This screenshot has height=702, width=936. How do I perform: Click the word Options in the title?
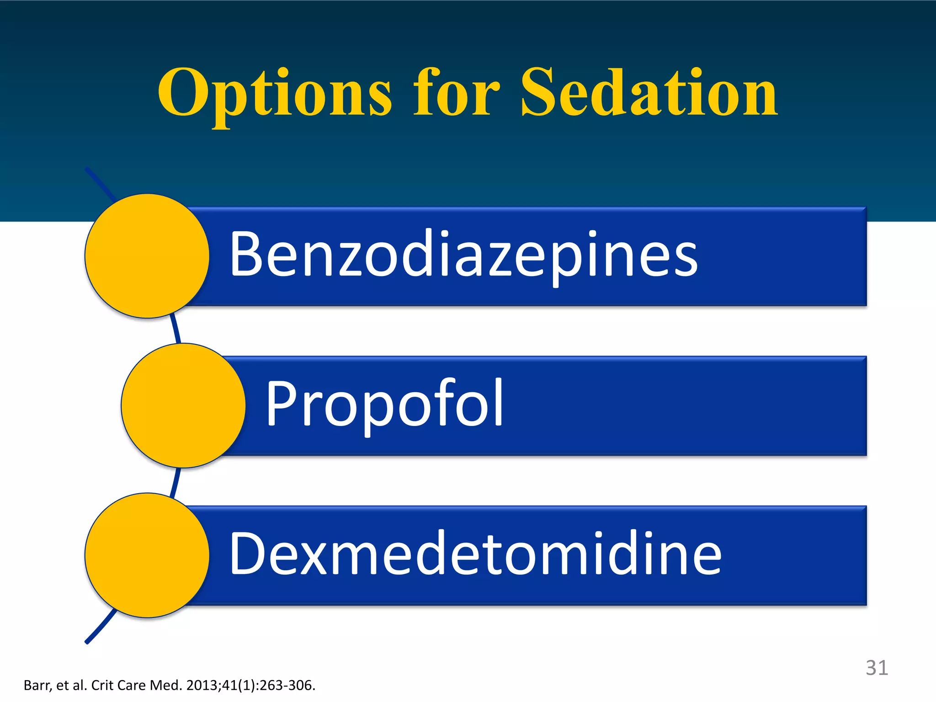[274, 94]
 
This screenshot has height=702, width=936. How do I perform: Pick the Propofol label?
[384, 404]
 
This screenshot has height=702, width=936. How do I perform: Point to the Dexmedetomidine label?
[475, 553]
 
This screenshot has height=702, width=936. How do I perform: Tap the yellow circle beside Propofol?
[183, 405]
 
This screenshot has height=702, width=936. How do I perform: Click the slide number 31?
[877, 668]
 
